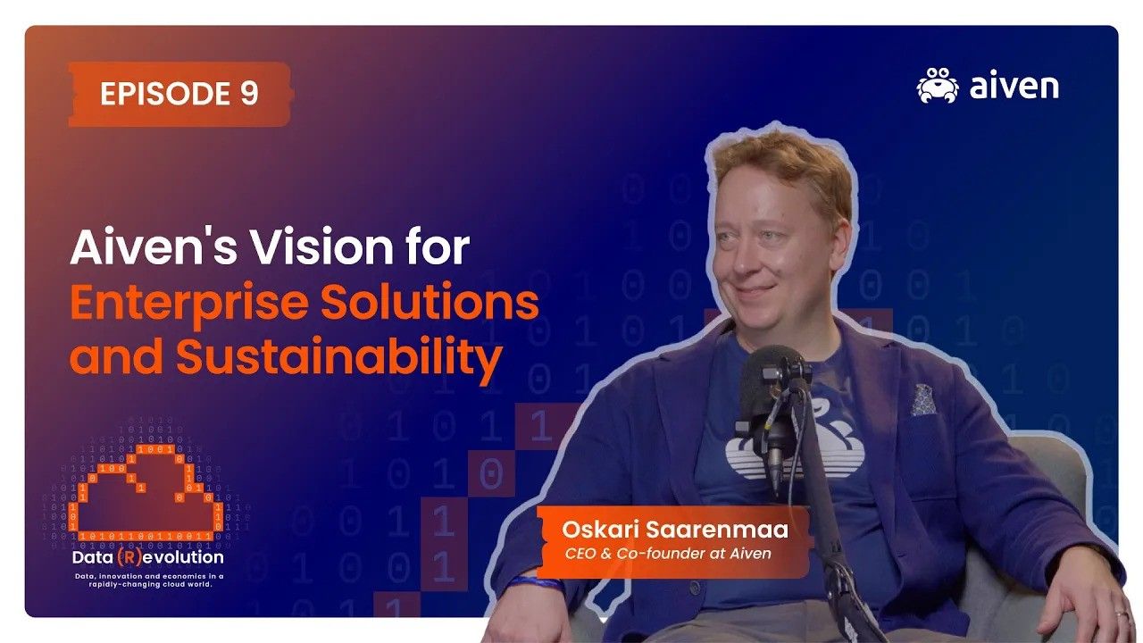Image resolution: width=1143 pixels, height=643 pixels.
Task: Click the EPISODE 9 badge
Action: click(x=179, y=94)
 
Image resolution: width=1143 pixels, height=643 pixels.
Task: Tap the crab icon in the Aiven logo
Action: click(x=937, y=86)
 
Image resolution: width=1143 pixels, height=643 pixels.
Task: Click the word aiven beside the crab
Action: click(x=1014, y=87)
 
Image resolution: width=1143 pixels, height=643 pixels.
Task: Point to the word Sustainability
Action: click(x=338, y=358)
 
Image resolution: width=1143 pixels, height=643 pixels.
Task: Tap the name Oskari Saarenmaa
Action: click(x=674, y=530)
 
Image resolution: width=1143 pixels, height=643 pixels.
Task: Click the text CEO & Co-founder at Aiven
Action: click(x=668, y=554)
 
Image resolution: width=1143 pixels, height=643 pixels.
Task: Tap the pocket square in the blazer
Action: click(x=923, y=401)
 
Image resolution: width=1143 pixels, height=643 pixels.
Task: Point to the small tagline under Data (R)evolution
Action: click(x=149, y=581)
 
